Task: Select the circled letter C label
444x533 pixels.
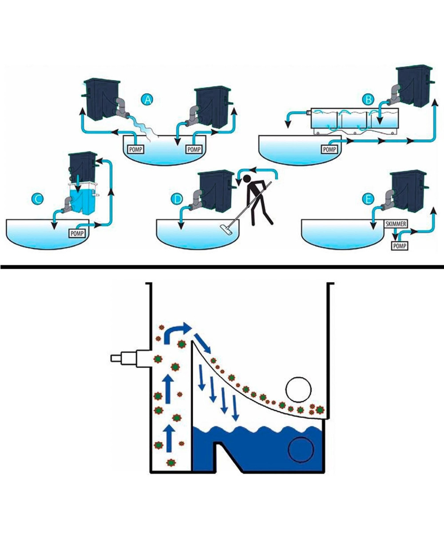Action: (37, 199)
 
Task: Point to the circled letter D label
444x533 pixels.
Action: (177, 199)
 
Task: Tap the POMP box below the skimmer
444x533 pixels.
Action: (399, 245)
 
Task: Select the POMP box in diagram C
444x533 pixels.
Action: (79, 231)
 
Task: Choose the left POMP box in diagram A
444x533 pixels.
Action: (135, 149)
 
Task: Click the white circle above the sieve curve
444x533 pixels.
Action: (299, 389)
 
